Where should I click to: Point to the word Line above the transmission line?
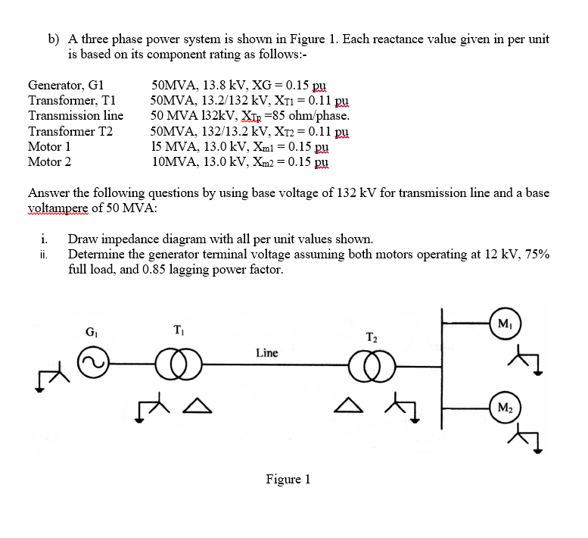[266, 352]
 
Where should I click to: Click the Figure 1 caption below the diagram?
[288, 479]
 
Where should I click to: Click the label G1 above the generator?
[92, 331]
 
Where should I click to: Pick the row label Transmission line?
[76, 116]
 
